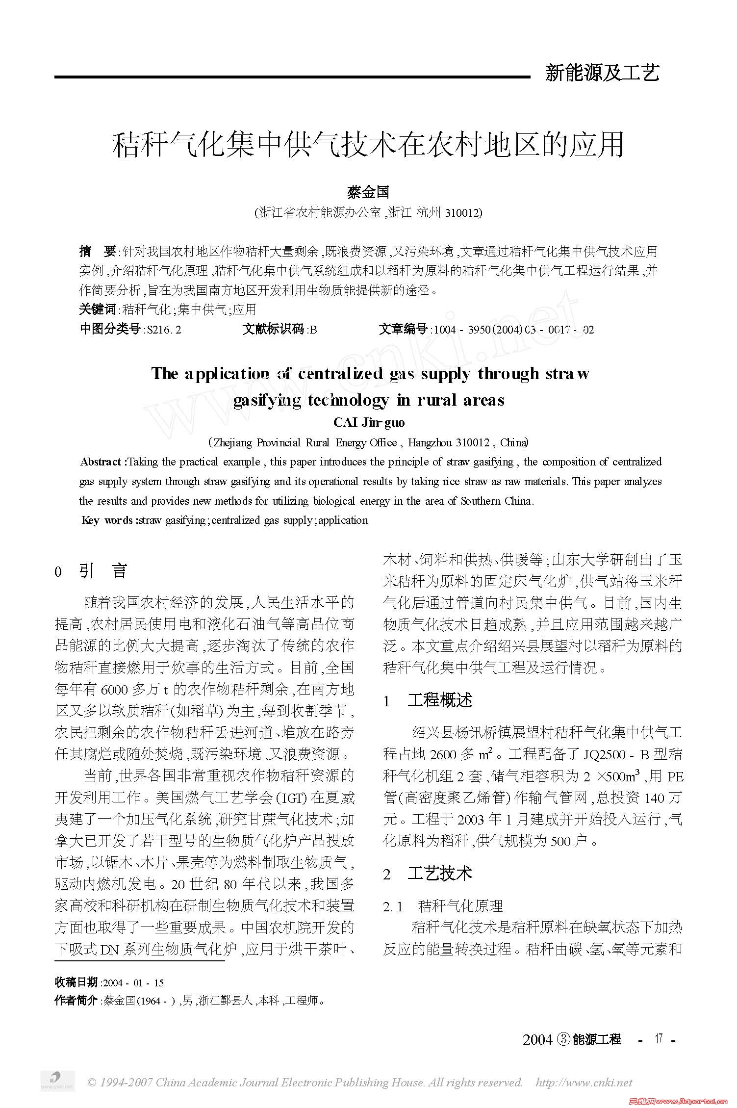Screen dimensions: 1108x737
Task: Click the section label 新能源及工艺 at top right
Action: click(602, 73)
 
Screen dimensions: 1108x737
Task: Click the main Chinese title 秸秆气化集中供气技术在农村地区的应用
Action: click(368, 145)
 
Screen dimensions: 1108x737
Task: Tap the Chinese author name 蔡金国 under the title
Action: click(368, 192)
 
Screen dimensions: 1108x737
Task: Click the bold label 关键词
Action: click(98, 309)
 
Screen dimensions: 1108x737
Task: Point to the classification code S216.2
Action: click(164, 330)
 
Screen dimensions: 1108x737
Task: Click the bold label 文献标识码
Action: click(274, 330)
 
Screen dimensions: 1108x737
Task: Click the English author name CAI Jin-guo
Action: click(369, 422)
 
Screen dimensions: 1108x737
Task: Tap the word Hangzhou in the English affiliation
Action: click(430, 443)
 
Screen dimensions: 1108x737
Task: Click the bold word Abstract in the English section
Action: click(101, 462)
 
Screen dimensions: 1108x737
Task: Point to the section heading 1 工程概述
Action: click(428, 700)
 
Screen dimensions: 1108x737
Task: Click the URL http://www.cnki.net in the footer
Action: click(584, 1082)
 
